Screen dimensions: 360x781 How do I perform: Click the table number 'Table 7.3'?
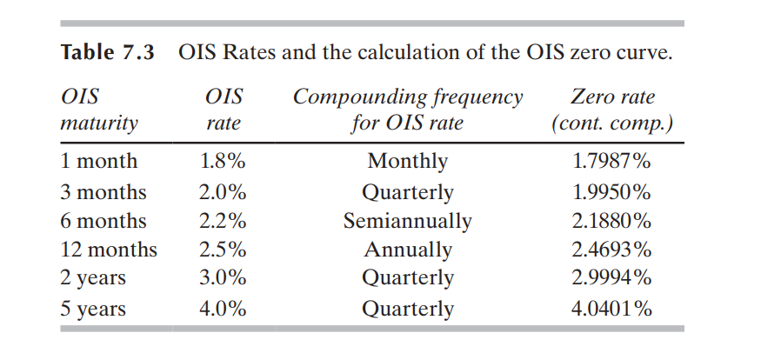[x=107, y=52]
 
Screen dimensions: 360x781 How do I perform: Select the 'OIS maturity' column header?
[x=98, y=110]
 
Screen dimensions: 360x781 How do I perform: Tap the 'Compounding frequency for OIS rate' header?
[x=408, y=110]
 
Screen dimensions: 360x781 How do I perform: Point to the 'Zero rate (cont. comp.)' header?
[x=611, y=110]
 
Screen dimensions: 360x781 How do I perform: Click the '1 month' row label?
[x=98, y=162]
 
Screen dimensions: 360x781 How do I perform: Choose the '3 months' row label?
[x=103, y=192]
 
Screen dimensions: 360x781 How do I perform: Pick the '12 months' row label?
[x=109, y=250]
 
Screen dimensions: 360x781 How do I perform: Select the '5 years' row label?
[x=93, y=309]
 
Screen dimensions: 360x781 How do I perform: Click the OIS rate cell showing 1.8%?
[x=223, y=162]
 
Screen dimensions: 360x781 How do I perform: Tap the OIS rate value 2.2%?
[x=223, y=221]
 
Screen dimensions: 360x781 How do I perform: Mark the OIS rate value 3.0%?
[x=223, y=279]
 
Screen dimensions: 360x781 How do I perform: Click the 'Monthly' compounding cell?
[x=408, y=162]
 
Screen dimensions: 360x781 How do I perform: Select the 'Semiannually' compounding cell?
[x=408, y=221]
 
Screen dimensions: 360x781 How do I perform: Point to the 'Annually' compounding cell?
[x=408, y=250]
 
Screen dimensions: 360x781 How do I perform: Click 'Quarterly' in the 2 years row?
[x=408, y=279]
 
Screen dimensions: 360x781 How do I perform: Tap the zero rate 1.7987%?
[x=611, y=162]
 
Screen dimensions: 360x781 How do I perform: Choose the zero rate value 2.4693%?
[x=611, y=250]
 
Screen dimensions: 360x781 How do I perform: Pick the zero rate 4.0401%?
[x=611, y=309]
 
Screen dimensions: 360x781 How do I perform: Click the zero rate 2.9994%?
[x=611, y=279]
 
